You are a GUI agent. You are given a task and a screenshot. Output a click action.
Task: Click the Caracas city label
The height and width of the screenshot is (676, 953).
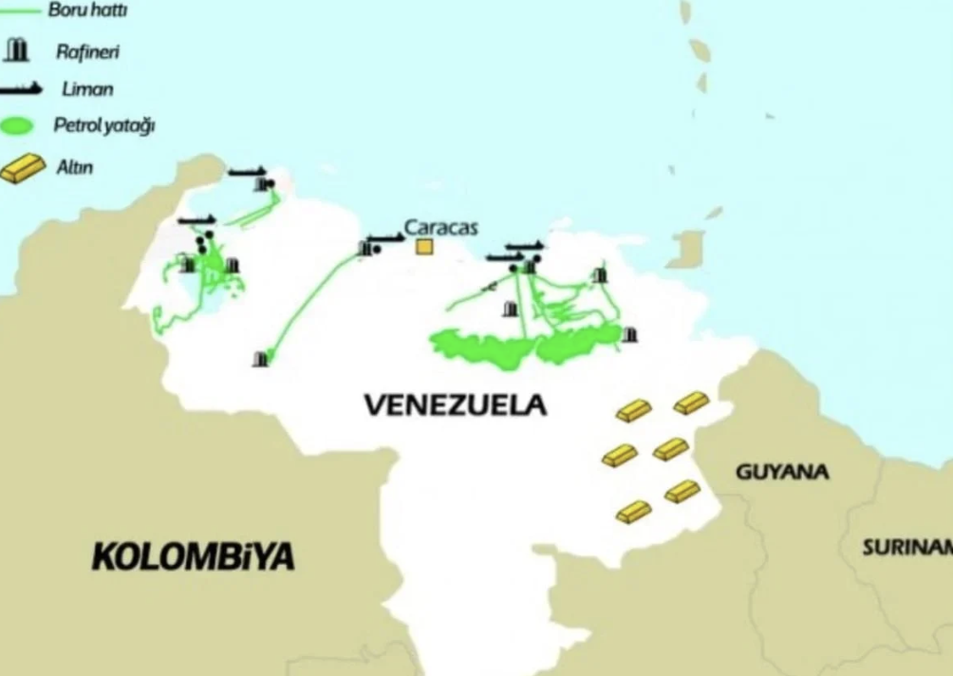[440, 228]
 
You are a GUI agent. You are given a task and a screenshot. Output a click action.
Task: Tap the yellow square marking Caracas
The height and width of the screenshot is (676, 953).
[423, 247]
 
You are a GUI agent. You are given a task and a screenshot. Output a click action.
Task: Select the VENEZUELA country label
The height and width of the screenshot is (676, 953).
[456, 405]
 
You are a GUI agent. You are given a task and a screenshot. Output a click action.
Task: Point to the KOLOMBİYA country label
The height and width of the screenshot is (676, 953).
[193, 556]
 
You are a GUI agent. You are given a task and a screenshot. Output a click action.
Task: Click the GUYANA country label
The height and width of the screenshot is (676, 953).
[782, 472]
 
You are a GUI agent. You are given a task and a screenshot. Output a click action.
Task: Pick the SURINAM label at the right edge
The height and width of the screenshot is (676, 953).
[907, 548]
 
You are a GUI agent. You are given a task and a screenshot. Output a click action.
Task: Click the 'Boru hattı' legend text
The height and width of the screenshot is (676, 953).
[87, 11]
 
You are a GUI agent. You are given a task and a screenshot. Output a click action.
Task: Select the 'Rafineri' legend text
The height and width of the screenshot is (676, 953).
[86, 52]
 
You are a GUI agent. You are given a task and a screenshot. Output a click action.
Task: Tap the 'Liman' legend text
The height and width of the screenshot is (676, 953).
[87, 89]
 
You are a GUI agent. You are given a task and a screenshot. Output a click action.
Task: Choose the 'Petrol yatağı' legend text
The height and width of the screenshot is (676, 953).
[103, 126]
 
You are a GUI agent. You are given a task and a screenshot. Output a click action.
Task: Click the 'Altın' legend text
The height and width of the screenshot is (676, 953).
[75, 167]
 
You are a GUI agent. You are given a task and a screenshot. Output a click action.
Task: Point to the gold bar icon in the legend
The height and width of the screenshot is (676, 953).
[23, 168]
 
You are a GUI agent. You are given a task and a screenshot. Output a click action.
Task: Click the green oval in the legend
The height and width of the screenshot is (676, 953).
[19, 126]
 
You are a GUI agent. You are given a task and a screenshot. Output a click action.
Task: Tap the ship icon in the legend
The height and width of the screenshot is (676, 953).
[21, 88]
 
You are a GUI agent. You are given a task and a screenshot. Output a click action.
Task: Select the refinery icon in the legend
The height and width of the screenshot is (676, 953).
[17, 50]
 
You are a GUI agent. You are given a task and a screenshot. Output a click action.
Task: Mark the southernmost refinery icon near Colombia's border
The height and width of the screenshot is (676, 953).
[260, 359]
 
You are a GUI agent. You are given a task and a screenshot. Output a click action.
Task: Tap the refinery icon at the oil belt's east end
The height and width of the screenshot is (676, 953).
[629, 334]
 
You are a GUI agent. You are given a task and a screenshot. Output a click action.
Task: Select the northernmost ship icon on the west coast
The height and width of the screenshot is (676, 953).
[247, 172]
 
